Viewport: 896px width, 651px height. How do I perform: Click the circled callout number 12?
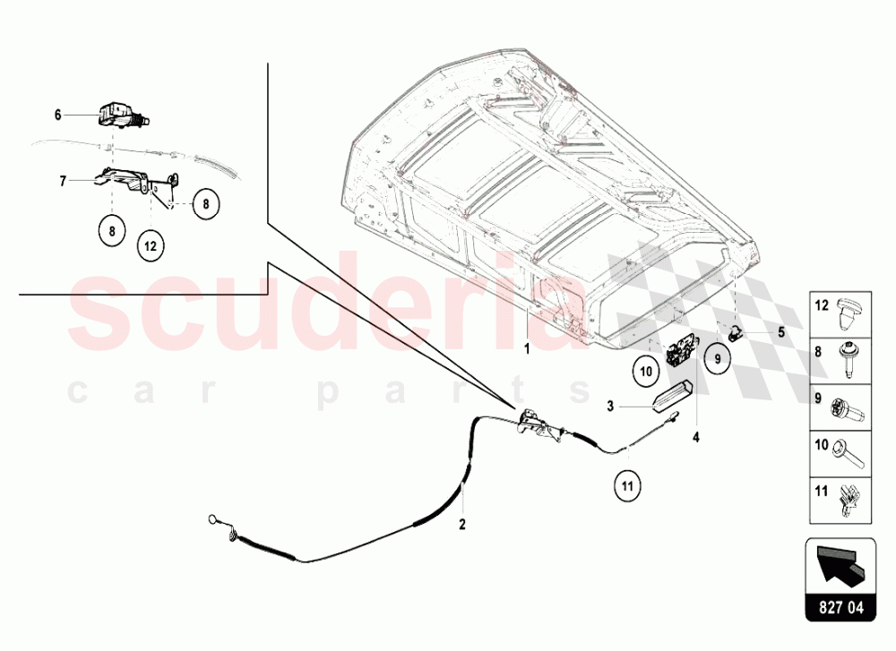pyautogui.click(x=151, y=244)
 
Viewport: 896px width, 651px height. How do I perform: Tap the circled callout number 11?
pyautogui.click(x=628, y=488)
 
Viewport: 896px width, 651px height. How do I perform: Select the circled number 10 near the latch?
pyautogui.click(x=645, y=370)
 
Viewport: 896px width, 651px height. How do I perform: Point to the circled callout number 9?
pyautogui.click(x=717, y=359)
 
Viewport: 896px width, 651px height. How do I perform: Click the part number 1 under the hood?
pyautogui.click(x=528, y=349)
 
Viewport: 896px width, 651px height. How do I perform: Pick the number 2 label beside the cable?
pyautogui.click(x=463, y=526)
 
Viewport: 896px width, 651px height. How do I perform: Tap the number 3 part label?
pyautogui.click(x=610, y=407)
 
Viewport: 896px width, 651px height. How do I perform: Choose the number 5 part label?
pyautogui.click(x=780, y=332)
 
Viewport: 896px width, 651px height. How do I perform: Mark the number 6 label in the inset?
pyautogui.click(x=57, y=115)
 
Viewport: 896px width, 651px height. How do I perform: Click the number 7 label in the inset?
pyautogui.click(x=63, y=181)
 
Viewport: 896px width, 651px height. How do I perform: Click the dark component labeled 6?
pyautogui.click(x=117, y=116)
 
